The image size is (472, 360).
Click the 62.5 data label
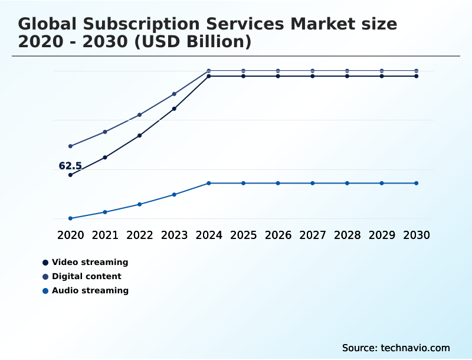click(70, 166)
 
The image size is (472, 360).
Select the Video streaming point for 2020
click(70, 175)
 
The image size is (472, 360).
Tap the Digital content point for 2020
click(70, 146)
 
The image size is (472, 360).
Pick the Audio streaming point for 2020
click(70, 218)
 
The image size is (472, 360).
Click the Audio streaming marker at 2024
click(209, 183)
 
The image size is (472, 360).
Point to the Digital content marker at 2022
click(140, 114)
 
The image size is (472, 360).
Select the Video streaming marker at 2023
click(174, 109)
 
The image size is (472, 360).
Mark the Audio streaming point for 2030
click(416, 183)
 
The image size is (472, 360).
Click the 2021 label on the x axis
click(105, 235)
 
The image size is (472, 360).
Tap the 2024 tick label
click(209, 235)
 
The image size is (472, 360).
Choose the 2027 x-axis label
click(313, 235)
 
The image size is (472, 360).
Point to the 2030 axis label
click(416, 235)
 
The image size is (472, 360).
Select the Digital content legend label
click(86, 276)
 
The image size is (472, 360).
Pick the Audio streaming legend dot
click(45, 290)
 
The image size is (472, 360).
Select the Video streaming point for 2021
click(105, 157)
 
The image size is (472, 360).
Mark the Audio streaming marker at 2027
click(313, 183)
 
